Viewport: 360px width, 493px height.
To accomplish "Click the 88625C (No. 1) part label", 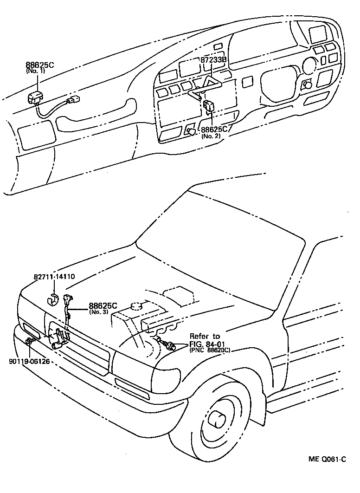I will (40, 68).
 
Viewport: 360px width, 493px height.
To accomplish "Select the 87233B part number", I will (213, 60).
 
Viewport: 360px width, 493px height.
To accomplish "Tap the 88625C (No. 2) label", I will (214, 133).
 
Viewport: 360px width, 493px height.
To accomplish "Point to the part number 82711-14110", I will (54, 277).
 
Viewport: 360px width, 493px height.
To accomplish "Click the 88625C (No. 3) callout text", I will (103, 308).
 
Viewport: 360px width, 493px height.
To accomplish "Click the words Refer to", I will (205, 336).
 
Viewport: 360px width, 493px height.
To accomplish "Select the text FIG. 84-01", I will (209, 344).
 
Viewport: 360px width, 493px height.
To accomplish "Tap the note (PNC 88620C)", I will (210, 350).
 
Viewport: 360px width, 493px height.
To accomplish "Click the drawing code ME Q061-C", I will (328, 460).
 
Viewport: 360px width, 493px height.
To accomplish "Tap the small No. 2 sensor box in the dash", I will (209, 105).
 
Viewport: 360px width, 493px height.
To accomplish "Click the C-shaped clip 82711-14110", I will (54, 299).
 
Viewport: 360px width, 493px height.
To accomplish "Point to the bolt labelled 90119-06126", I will (29, 342).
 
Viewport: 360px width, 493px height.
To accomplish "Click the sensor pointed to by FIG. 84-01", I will (171, 345).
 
